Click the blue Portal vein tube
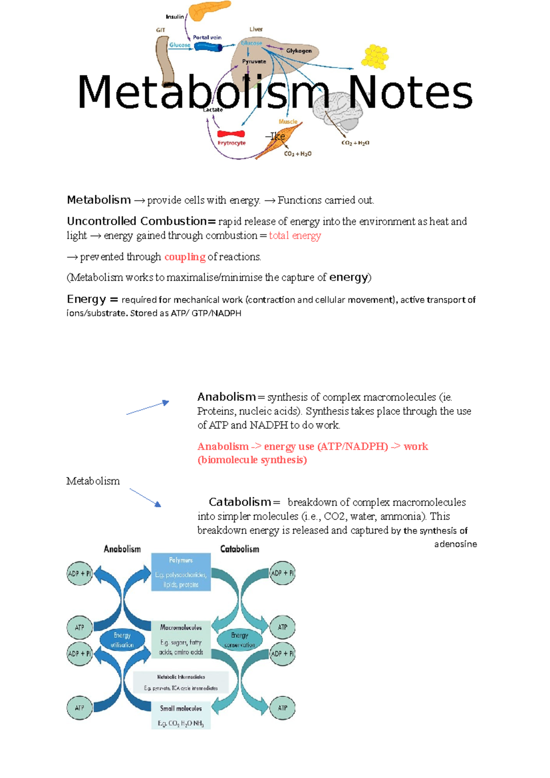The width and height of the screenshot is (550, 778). pyautogui.click(x=208, y=46)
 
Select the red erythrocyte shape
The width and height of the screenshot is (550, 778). pyautogui.click(x=231, y=134)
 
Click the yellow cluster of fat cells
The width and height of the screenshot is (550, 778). pyautogui.click(x=375, y=57)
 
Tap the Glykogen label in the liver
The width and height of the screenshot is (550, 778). pyautogui.click(x=299, y=51)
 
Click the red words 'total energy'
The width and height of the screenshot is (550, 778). pyautogui.click(x=295, y=236)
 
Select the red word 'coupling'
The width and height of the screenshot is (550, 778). pyautogui.click(x=185, y=257)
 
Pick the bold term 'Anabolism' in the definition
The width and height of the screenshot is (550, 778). pyautogui.click(x=226, y=397)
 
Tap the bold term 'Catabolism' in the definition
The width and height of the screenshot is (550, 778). pyautogui.click(x=240, y=502)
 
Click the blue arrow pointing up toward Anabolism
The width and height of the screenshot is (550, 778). pyautogui.click(x=148, y=407)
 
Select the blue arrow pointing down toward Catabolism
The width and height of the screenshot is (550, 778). pyautogui.click(x=145, y=497)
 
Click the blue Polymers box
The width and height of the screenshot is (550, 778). pyautogui.click(x=181, y=572)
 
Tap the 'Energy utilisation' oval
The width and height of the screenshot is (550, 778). pyautogui.click(x=122, y=640)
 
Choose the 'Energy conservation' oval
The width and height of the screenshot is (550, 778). pyautogui.click(x=240, y=640)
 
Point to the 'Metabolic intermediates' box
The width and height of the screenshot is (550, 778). pyautogui.click(x=181, y=682)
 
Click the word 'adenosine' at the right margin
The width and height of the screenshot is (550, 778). pyautogui.click(x=455, y=544)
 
